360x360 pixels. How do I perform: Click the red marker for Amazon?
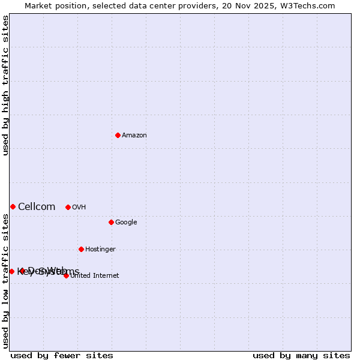118,135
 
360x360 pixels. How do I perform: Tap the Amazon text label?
134,136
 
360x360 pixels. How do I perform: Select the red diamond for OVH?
68,207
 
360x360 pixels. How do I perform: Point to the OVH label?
79,208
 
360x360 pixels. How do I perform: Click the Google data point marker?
111,222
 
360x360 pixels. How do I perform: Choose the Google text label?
126,223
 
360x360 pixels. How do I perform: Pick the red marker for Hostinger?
81,249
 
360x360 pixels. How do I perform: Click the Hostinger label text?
100,250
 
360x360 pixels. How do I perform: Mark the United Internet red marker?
66,275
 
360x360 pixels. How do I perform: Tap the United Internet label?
95,276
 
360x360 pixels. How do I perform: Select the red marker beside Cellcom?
13,206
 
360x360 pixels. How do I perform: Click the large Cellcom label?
37,207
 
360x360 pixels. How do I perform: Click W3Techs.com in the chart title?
307,6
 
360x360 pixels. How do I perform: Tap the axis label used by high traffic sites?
6,85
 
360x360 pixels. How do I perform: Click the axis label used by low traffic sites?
6,281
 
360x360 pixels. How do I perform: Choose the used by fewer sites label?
62,355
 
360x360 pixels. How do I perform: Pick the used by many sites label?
301,355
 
